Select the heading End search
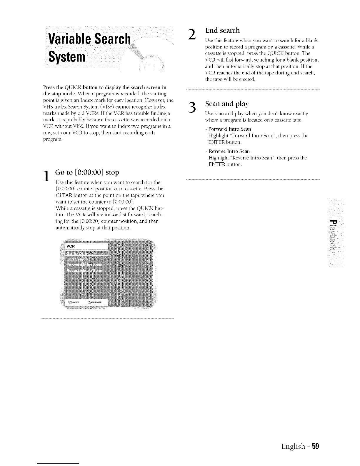(222, 30)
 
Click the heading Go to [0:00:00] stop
(87, 172)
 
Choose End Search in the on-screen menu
(77, 259)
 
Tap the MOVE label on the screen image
(76, 302)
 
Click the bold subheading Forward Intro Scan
(229, 129)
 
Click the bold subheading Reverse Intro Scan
(229, 151)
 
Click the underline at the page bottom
(59, 464)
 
